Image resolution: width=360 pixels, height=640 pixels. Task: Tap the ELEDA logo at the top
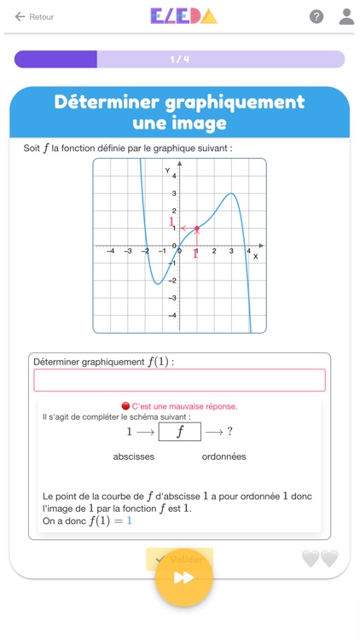183,16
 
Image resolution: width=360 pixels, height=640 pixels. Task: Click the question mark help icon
316,17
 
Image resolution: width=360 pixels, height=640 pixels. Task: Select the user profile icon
345,16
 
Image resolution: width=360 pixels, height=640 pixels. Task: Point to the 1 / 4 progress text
179,60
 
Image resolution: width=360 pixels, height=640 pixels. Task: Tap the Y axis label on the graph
167,171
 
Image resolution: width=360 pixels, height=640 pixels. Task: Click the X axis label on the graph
254,257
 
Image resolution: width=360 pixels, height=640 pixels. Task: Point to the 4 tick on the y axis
175,177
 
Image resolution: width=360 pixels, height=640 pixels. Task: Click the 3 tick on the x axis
231,252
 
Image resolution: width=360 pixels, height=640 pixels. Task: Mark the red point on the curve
197,229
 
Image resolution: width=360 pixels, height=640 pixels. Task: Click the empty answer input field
179,381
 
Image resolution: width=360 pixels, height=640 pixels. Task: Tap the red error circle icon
125,406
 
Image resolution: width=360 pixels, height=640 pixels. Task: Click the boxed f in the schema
179,432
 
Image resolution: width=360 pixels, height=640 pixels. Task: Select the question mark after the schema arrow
229,432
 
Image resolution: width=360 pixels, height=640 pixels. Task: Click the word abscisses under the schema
134,457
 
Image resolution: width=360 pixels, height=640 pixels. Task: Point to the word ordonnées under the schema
224,457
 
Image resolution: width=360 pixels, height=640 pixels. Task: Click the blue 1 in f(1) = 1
129,521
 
